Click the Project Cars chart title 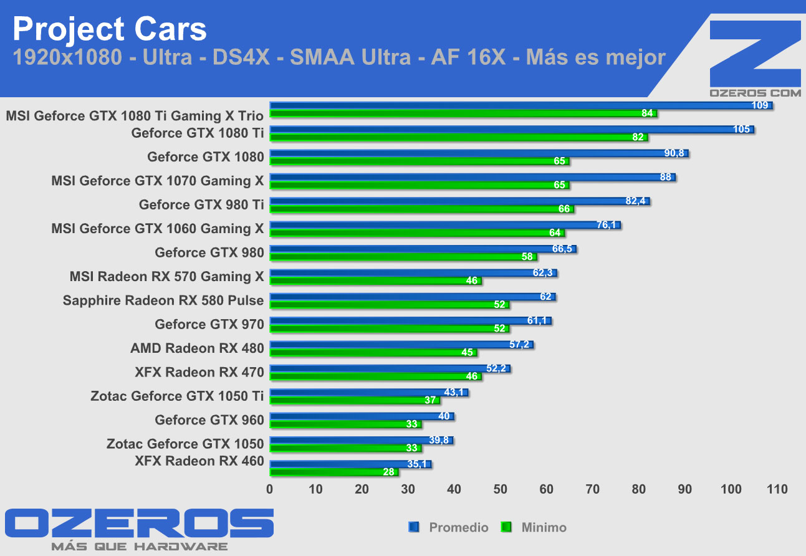[x=109, y=29]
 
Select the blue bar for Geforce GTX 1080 [x=478, y=153]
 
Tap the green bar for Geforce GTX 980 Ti [x=421, y=209]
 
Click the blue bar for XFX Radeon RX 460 [x=350, y=464]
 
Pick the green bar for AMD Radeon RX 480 [x=373, y=353]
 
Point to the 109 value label [x=760, y=105]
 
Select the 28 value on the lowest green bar [x=389, y=472]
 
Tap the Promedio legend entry [x=458, y=527]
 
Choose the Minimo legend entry [x=542, y=527]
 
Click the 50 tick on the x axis [x=501, y=489]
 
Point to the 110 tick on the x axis [x=777, y=489]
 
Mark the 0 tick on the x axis [x=270, y=489]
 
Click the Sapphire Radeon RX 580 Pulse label [x=163, y=300]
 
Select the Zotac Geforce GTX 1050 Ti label [x=177, y=396]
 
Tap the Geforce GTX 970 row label [x=209, y=324]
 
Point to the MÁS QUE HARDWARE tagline [x=139, y=547]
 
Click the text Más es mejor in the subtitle [x=596, y=57]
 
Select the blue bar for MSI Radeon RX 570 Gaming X [x=413, y=273]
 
